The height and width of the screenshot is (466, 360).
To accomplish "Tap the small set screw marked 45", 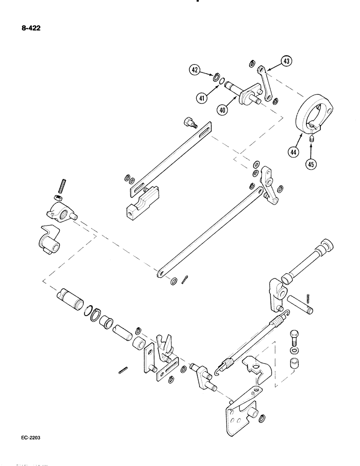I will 312,139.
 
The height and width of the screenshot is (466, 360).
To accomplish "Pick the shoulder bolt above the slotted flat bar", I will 189,123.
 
